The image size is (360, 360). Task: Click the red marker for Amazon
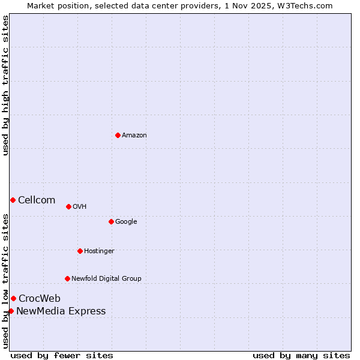118,135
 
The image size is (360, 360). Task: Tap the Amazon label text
134,135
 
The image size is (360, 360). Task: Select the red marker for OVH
68,206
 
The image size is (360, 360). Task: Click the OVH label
80,206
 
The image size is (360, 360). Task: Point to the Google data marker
111,221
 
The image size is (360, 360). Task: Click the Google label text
126,221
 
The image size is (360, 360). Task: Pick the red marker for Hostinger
80,251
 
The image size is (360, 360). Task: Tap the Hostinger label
99,251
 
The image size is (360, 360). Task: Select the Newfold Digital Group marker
67,278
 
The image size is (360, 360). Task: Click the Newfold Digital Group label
106,278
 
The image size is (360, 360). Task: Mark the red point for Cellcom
13,200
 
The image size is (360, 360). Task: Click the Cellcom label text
37,200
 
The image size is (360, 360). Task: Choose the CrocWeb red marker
13,298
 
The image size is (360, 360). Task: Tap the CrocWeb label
40,298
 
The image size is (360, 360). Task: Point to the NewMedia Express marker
11,311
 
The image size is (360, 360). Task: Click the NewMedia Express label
61,311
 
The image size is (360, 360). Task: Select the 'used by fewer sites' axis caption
62,355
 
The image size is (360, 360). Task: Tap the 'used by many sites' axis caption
301,355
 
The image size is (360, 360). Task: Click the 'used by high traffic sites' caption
5,85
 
